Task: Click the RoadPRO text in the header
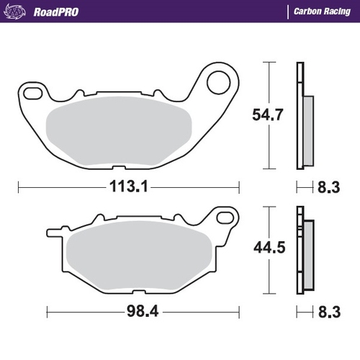[58, 12]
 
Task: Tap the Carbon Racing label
[322, 12]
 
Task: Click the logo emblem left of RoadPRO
[20, 12]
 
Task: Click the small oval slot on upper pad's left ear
[32, 92]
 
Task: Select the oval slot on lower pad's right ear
[225, 215]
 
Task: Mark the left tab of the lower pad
[53, 232]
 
